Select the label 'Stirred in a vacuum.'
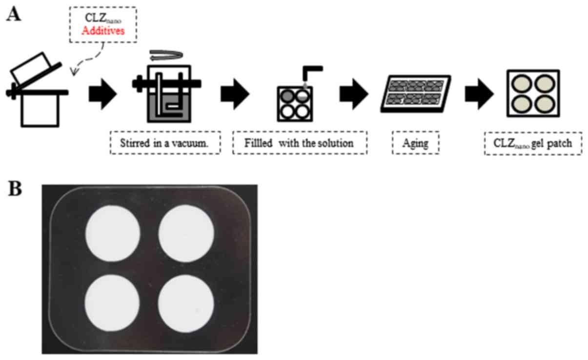[165, 143]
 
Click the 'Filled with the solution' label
[299, 143]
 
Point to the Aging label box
[415, 143]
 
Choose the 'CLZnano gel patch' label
[532, 143]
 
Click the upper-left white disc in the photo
[113, 231]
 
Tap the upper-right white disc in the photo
[186, 231]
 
